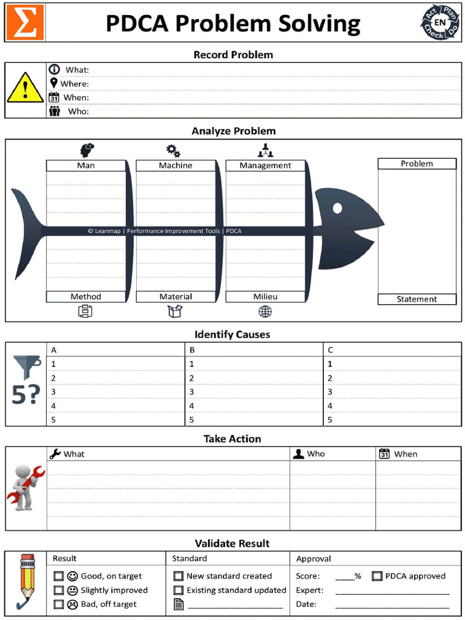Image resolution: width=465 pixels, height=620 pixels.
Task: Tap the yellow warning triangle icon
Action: (x=25, y=88)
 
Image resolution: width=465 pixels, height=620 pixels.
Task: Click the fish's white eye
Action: (x=337, y=208)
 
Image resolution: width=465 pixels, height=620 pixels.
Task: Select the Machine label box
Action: (x=176, y=165)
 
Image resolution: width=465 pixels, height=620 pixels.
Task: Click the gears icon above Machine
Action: (x=173, y=150)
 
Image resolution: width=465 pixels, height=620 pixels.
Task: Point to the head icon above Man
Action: (x=87, y=150)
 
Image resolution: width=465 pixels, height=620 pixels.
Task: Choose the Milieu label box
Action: (x=265, y=297)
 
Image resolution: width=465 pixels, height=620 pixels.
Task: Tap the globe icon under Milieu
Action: (x=265, y=311)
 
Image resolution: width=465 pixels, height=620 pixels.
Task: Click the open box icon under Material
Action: (x=175, y=311)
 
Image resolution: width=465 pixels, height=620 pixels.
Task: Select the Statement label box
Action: (x=417, y=299)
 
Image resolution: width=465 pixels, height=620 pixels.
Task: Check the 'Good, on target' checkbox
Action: (x=59, y=576)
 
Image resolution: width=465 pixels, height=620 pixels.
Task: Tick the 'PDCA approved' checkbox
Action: (x=377, y=576)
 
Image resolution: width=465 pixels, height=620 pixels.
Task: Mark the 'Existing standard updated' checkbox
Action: (x=179, y=590)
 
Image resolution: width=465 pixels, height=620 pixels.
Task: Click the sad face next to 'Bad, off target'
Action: (x=72, y=604)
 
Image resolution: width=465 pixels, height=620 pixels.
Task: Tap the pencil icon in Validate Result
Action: (x=26, y=580)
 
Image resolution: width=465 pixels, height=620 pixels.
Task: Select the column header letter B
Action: (x=192, y=350)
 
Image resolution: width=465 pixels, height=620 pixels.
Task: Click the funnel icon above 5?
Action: (x=27, y=367)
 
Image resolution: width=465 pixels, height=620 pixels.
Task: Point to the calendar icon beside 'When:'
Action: (x=54, y=97)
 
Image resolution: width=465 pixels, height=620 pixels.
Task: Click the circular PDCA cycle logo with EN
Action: (x=440, y=23)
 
